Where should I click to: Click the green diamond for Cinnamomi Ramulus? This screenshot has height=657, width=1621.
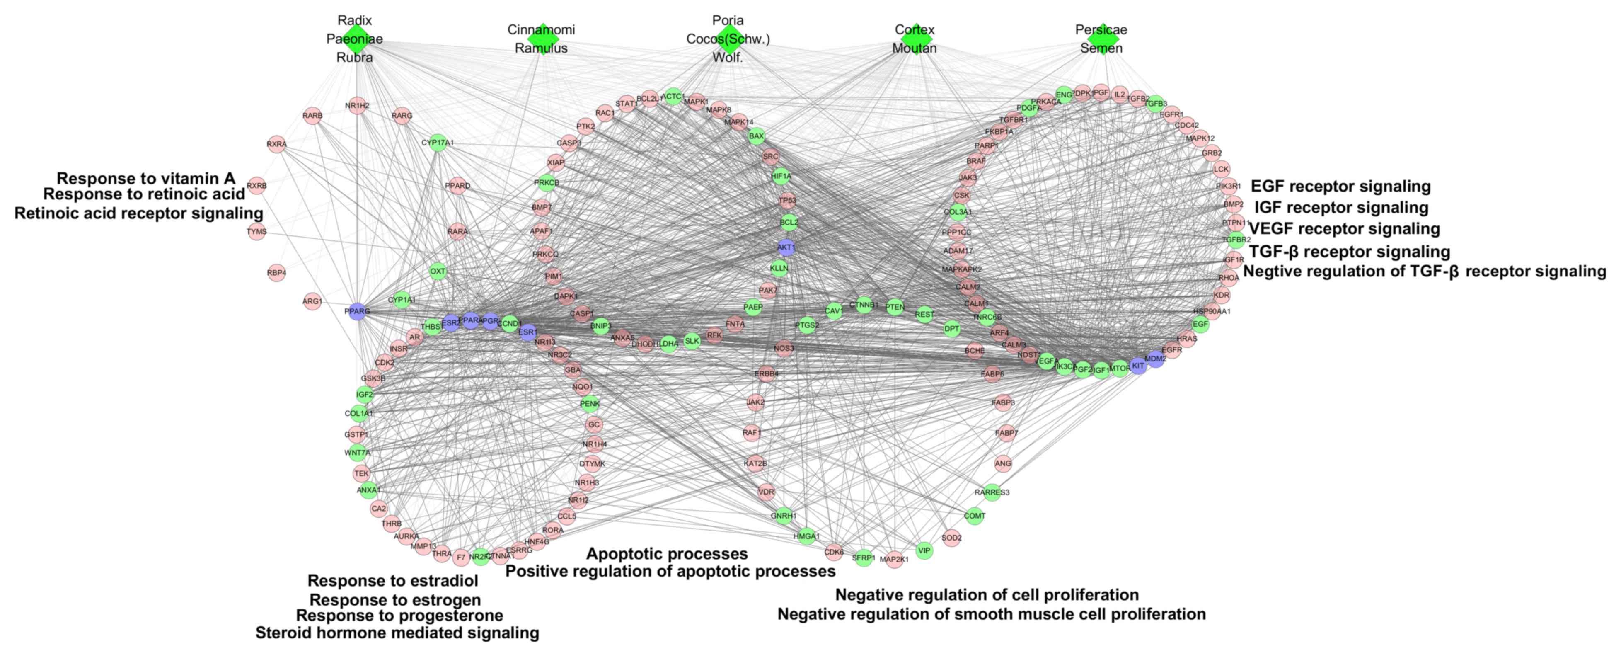pos(541,39)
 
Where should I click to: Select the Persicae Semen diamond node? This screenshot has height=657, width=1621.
pos(1101,39)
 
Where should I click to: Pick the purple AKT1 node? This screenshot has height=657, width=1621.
pos(785,247)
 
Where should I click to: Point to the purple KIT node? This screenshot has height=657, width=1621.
pos(1138,366)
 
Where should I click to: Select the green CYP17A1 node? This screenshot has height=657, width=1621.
pos(437,143)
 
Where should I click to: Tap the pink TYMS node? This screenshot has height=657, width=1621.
pos(257,232)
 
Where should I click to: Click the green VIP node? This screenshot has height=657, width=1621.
pos(924,550)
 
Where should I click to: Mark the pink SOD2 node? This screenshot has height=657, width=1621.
pos(951,538)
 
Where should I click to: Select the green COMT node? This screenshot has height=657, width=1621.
pos(974,516)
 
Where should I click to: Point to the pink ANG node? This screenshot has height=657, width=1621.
pos(1003,464)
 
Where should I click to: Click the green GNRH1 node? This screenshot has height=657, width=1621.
pos(784,516)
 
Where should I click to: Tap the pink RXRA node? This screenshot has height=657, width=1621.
pos(276,144)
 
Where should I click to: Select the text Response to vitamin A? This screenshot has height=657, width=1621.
pos(146,179)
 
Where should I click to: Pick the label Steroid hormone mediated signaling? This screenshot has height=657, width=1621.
pos(397,633)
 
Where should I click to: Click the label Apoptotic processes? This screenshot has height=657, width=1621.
pos(667,554)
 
